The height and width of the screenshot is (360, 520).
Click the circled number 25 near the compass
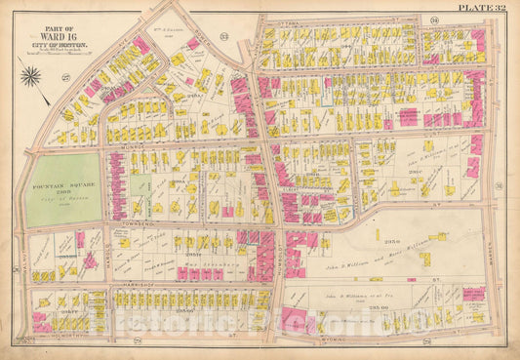click(x=40, y=100)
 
